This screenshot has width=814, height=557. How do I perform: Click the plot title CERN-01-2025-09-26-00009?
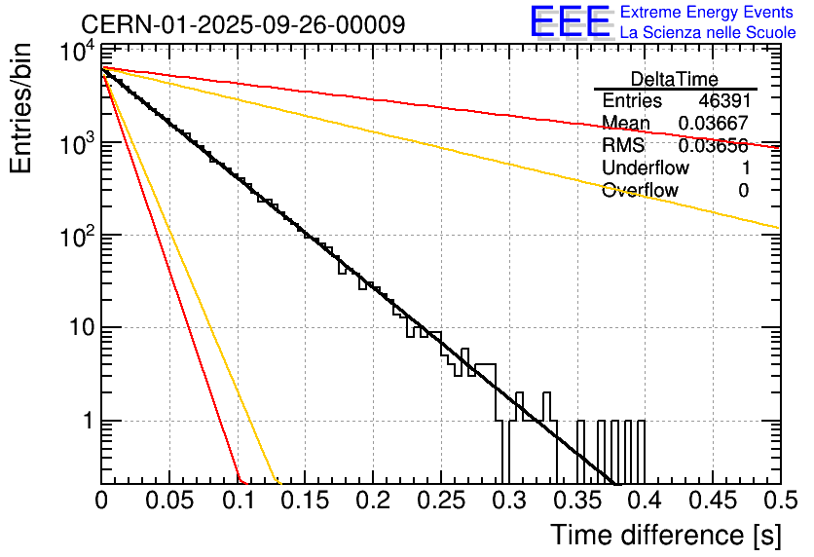tap(243, 24)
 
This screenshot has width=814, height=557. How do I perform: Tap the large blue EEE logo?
tap(569, 22)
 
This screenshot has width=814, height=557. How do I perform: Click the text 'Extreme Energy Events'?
tap(707, 13)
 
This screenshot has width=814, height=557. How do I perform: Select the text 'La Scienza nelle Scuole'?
tap(708, 32)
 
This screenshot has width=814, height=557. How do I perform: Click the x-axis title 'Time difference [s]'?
tap(664, 535)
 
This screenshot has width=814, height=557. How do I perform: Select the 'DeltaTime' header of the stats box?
tap(674, 79)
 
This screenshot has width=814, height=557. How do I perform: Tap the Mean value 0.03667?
tap(714, 124)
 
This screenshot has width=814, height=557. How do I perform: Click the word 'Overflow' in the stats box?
tap(640, 191)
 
